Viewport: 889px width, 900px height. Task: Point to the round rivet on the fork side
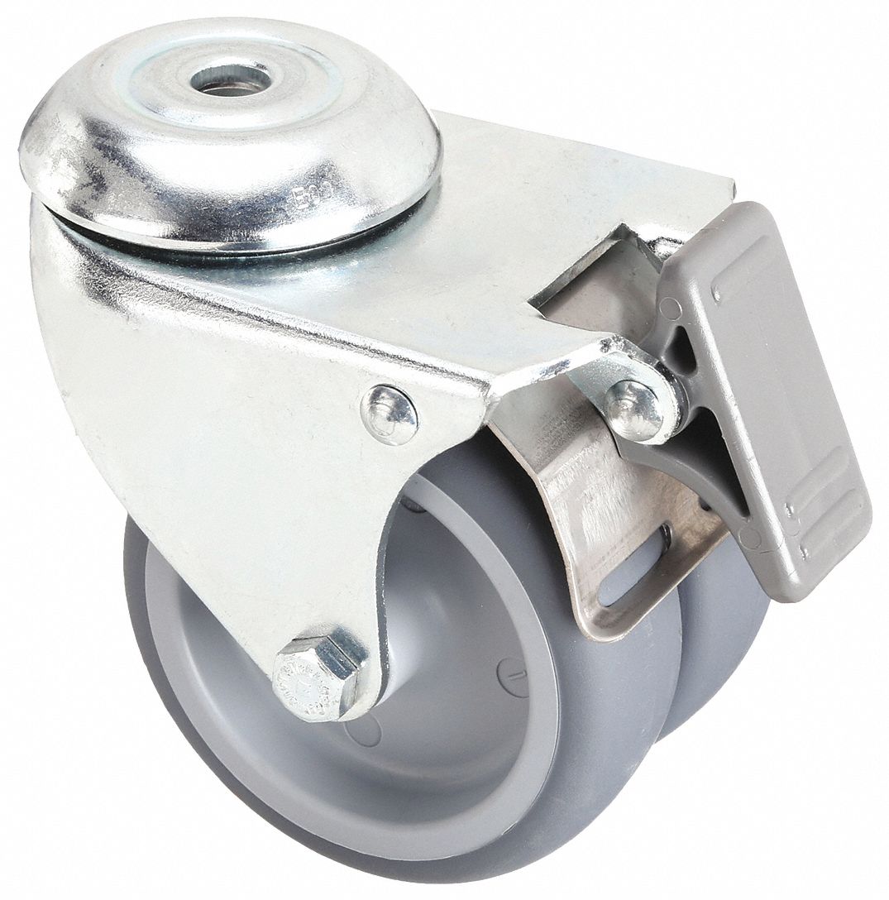tap(390, 414)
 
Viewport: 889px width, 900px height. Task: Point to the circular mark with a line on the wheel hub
tap(514, 677)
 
